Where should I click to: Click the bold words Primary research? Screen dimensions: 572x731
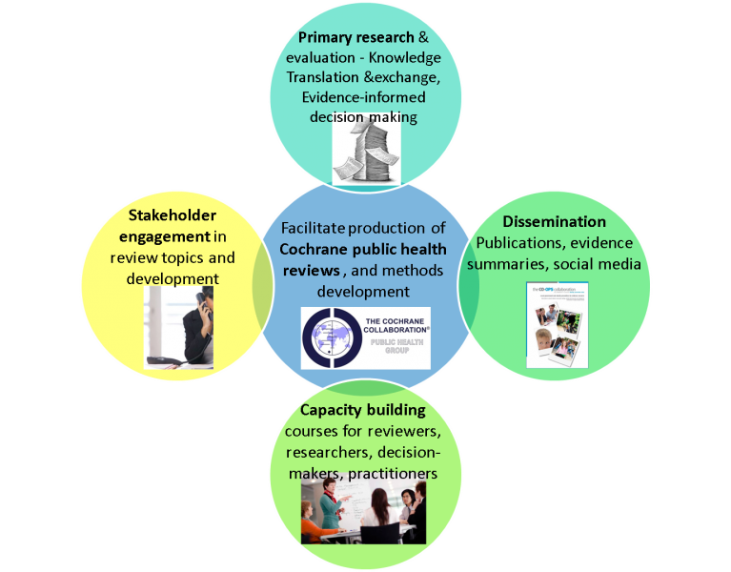click(355, 37)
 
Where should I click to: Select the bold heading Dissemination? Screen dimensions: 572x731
click(555, 222)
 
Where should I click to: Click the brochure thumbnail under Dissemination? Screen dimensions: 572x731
click(558, 325)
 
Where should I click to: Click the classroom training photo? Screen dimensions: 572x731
click(363, 511)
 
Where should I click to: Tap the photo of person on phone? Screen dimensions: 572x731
click(178, 327)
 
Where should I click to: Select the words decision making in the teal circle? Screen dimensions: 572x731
click(363, 116)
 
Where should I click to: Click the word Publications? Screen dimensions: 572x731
click(515, 242)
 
